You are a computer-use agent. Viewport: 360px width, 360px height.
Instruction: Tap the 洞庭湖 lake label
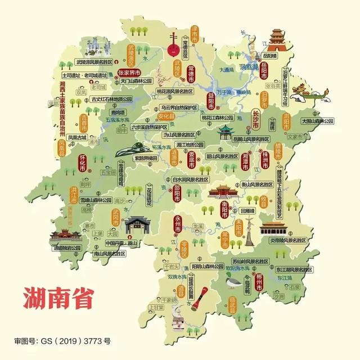pyautogui.click(x=247, y=67)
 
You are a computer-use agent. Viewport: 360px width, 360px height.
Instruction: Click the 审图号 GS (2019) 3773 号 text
pyautogui.click(x=62, y=341)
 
